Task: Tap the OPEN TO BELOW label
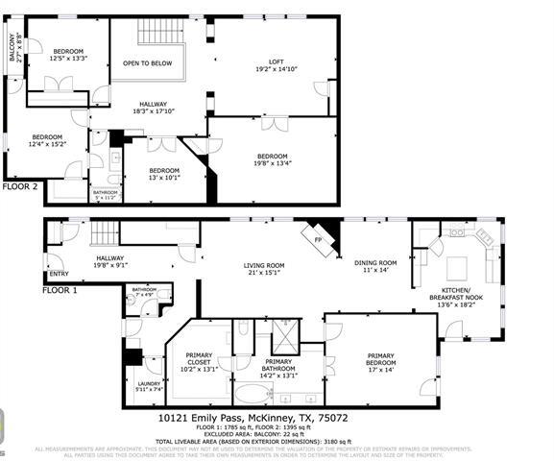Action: [x=147, y=63]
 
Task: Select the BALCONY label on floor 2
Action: [x=13, y=48]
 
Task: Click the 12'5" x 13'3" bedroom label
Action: [x=68, y=54]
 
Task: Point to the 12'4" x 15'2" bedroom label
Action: [x=47, y=140]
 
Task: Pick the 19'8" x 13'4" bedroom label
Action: [x=272, y=159]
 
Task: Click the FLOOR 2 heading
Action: [x=20, y=186]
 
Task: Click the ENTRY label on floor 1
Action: [x=59, y=273]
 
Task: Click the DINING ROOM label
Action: [x=374, y=265]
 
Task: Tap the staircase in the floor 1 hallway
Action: [x=104, y=231]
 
